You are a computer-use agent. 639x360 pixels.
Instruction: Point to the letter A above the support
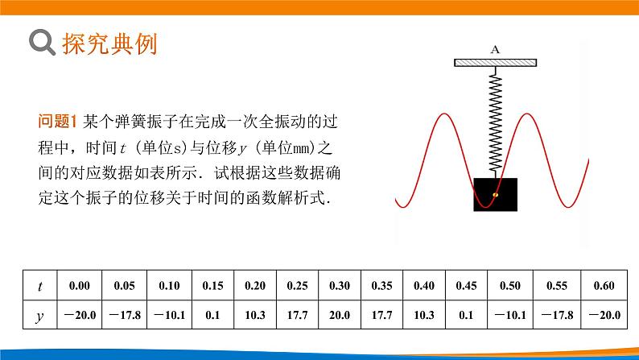pos(495,50)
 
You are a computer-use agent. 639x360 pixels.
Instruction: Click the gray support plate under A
pos(495,62)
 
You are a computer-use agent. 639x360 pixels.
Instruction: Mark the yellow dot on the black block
pos(496,194)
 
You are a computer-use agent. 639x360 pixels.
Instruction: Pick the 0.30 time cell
pos(340,285)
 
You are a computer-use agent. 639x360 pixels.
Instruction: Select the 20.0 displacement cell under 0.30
pos(340,316)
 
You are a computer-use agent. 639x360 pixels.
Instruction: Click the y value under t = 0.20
pos(254,316)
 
